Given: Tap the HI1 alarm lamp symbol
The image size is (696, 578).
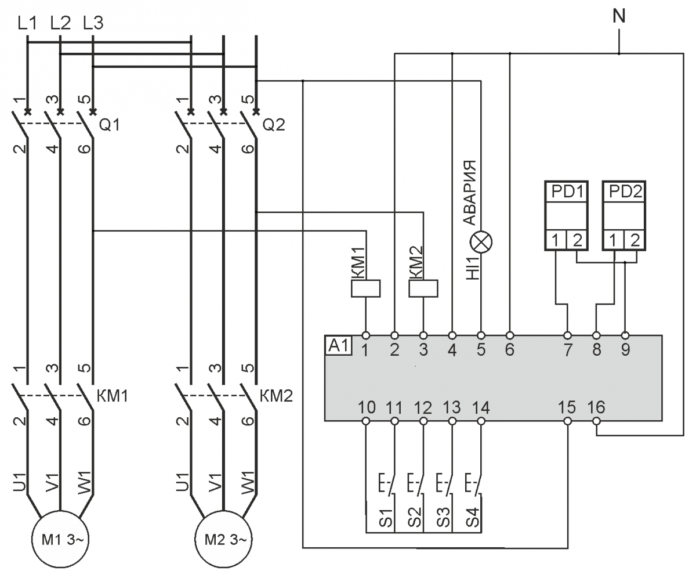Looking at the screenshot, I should pos(481,240).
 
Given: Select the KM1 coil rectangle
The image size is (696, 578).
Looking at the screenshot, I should pos(366,288).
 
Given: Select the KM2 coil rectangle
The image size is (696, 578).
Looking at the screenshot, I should pos(423,288).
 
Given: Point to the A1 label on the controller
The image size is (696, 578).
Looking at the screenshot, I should pos(338,346).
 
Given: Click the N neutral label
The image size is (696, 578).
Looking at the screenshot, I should pos(619,16).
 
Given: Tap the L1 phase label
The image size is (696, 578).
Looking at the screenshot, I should pos(27,23).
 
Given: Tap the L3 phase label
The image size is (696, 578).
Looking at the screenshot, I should pos(93,23).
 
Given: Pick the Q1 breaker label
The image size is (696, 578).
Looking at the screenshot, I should pos(110,125).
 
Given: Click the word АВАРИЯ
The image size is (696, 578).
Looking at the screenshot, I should pos(470,191).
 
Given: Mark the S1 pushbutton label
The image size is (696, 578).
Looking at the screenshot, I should pos(388,518).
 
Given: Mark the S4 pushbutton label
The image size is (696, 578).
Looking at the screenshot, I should pos(474,518).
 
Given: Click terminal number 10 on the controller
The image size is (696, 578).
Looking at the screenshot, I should pos(366,407).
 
